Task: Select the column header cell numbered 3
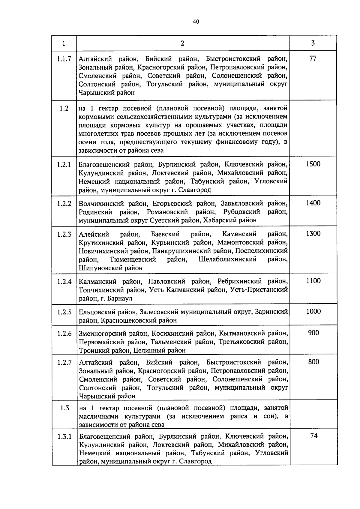click(x=313, y=43)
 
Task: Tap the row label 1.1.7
click(x=64, y=59)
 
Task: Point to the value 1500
click(x=313, y=164)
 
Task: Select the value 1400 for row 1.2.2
click(x=313, y=203)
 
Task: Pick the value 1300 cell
click(x=313, y=234)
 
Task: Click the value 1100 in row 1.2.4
click(x=313, y=281)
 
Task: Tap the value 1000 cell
click(x=313, y=311)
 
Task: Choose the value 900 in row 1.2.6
click(x=313, y=333)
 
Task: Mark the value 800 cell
click(x=313, y=362)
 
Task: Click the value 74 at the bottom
click(x=314, y=436)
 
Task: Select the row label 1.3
click(x=64, y=408)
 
